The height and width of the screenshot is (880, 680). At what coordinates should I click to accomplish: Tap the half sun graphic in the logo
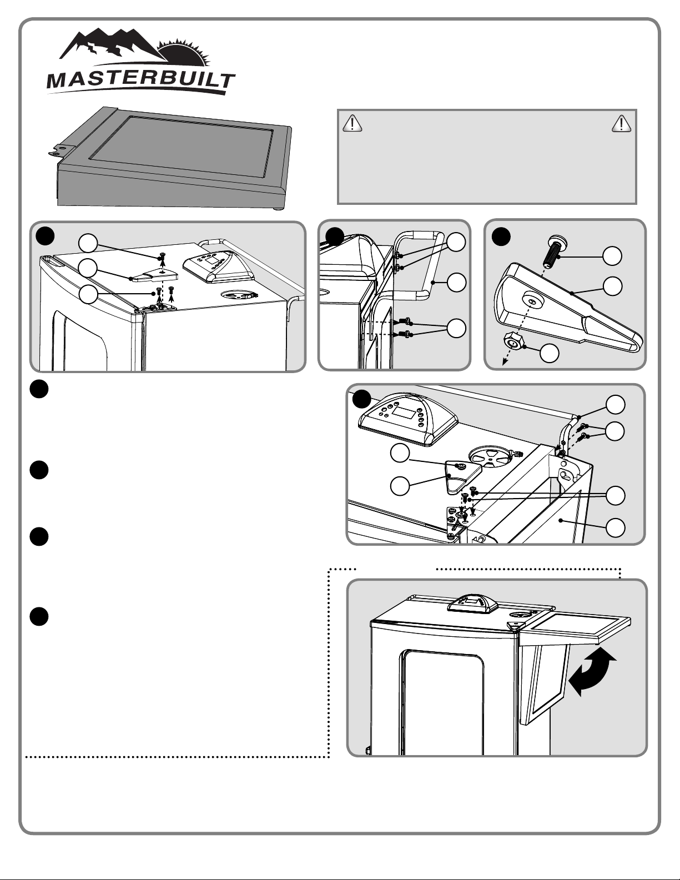tap(184, 53)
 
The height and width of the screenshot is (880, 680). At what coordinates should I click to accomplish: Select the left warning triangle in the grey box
tap(352, 123)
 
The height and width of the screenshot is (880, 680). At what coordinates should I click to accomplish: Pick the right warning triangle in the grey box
tap(621, 123)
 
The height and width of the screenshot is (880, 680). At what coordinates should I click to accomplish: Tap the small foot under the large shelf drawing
tap(278, 209)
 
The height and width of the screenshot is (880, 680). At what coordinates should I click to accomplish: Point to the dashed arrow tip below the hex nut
tap(504, 364)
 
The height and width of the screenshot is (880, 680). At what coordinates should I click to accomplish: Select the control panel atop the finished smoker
tap(472, 604)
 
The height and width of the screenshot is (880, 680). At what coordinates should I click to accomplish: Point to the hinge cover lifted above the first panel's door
tap(154, 275)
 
